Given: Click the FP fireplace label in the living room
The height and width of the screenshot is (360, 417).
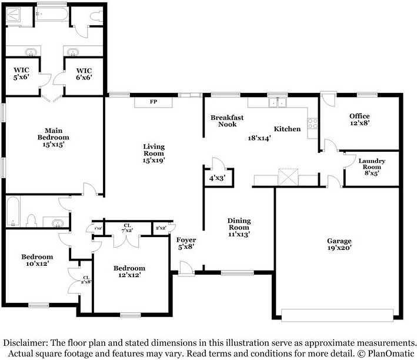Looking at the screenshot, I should point(153,102).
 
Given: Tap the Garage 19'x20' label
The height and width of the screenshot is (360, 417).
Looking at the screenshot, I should point(340,245).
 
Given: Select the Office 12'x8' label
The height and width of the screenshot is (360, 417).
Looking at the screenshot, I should point(359,120).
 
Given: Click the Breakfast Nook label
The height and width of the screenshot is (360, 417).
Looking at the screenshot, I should point(227,121).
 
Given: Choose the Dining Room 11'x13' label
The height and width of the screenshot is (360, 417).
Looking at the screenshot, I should point(239,227).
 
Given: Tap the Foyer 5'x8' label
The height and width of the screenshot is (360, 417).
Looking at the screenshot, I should point(186,244).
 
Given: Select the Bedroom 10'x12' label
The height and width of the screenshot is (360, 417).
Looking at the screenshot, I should point(37,261).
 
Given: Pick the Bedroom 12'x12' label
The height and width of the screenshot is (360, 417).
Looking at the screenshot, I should point(129,272).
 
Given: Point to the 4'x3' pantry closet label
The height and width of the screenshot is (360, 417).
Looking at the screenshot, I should point(216,178).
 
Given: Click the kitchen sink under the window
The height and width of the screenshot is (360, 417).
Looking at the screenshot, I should point(276,104).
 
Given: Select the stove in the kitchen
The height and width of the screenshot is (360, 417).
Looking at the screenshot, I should point(312,125).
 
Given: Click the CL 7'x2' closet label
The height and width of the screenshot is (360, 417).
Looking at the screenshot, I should point(127,228).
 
